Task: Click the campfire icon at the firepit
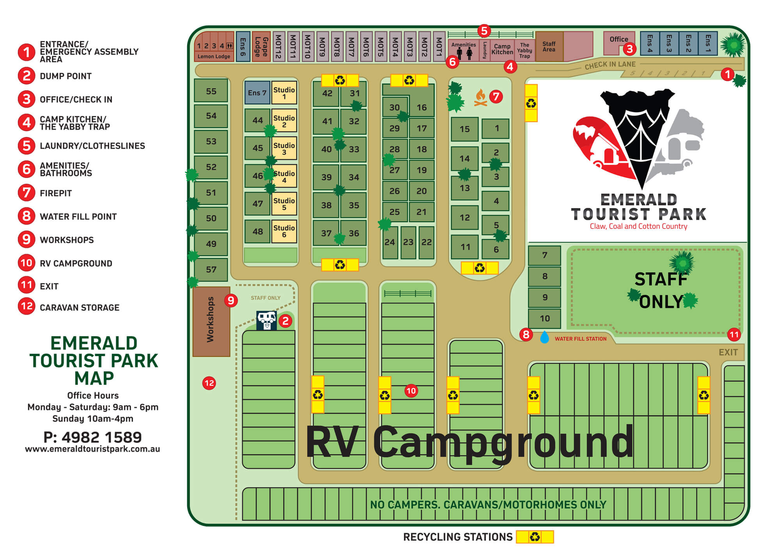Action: (x=480, y=98)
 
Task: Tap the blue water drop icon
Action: (x=544, y=337)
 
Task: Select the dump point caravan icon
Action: (x=266, y=321)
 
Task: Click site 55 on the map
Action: (x=211, y=92)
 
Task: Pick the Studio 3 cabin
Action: (x=284, y=148)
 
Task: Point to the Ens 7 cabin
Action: (x=257, y=93)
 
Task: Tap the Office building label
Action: (x=619, y=39)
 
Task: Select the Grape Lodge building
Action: (x=261, y=47)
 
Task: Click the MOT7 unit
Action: (x=351, y=47)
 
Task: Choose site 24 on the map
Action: (x=390, y=242)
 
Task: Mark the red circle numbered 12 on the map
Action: (x=209, y=383)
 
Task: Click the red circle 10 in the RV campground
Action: (x=411, y=391)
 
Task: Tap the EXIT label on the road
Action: (x=728, y=353)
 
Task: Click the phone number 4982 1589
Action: (x=93, y=437)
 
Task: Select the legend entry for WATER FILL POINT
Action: (x=78, y=217)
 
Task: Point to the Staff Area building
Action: (x=549, y=47)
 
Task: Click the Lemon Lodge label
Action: (x=214, y=57)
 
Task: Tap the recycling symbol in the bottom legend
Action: (x=535, y=537)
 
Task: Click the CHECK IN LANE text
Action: (x=610, y=65)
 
